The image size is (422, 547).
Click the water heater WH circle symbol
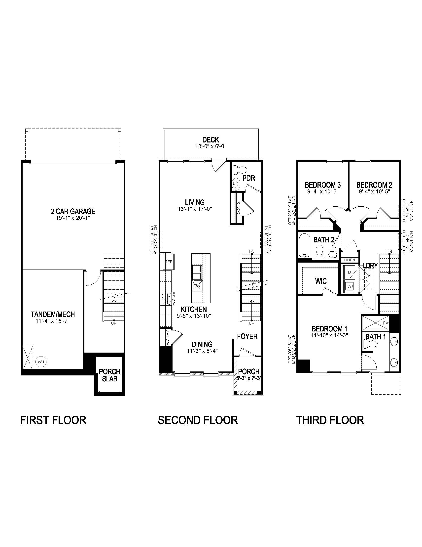coord(41,362)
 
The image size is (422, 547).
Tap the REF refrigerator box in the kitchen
coord(168,262)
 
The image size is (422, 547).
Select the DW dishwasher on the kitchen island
coord(197,286)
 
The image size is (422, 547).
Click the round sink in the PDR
coord(235,185)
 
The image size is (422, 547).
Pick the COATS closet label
coord(238,208)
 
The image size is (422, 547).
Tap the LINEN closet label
coord(349,260)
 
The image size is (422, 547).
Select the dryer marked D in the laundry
coord(349,272)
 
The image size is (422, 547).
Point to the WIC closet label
coord(321,281)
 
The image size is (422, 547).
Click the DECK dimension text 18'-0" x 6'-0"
coord(211,146)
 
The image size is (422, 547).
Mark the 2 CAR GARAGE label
coord(73,211)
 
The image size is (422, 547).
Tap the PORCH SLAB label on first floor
coord(109,375)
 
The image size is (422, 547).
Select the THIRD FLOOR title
coord(330,420)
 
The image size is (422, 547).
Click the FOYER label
coord(247,336)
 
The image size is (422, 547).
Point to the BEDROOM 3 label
coord(322,185)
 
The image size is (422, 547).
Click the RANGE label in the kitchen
coord(173,299)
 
